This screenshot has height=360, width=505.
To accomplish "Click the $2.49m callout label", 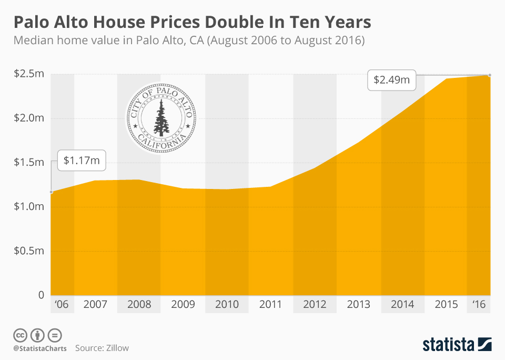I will (x=391, y=81).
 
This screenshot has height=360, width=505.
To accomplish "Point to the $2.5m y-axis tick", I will (x=29, y=73).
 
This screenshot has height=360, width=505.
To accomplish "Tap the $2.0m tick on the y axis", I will (x=29, y=117).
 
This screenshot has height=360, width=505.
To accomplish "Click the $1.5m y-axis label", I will (x=29, y=162).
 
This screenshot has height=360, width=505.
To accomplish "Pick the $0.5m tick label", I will (x=29, y=251).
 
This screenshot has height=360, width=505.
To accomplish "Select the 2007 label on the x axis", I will (x=95, y=304).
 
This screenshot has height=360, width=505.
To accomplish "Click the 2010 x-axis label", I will (x=227, y=304).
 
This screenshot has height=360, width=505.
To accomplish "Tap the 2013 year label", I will (x=359, y=304).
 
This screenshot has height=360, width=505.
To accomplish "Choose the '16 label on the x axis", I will (x=479, y=304).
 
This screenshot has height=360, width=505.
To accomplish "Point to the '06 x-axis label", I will (x=62, y=304).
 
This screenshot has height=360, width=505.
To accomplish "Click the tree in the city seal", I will (x=160, y=116).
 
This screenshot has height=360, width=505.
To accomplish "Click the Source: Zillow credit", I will (x=102, y=348).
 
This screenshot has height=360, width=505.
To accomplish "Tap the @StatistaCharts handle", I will (x=40, y=348).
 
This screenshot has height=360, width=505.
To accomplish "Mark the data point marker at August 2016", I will (x=490, y=75).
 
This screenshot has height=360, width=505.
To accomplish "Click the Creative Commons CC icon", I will (x=21, y=335).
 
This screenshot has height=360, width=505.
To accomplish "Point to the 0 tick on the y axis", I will (x=41, y=295).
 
